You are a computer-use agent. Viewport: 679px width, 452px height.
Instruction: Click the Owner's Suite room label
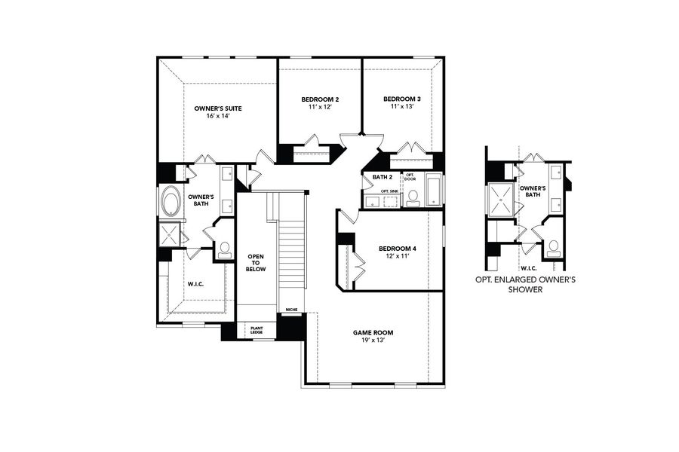pyautogui.click(x=217, y=108)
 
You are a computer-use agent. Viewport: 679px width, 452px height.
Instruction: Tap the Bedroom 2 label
pyautogui.click(x=320, y=99)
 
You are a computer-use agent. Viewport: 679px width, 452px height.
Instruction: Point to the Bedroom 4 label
pyautogui.click(x=397, y=249)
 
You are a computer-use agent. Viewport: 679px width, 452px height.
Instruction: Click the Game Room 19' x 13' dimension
pyautogui.click(x=373, y=341)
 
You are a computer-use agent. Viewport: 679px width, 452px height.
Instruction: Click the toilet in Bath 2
pyautogui.click(x=413, y=198)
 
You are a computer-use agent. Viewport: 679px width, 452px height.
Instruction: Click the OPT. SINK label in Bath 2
pyautogui.click(x=389, y=191)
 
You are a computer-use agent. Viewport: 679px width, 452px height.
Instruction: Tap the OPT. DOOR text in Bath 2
pyautogui.click(x=410, y=177)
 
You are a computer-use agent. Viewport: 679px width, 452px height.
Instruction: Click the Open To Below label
pyautogui.click(x=256, y=263)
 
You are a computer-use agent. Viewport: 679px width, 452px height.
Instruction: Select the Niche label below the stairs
pyautogui.click(x=291, y=310)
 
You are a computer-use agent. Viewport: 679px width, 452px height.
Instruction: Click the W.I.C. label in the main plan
pyautogui.click(x=195, y=284)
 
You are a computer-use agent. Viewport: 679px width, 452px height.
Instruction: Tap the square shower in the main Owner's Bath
pyautogui.click(x=170, y=234)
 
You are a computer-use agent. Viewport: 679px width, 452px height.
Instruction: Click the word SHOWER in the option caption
pyautogui.click(x=525, y=289)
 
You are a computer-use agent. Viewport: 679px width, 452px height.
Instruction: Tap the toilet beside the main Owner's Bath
pyautogui.click(x=225, y=249)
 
